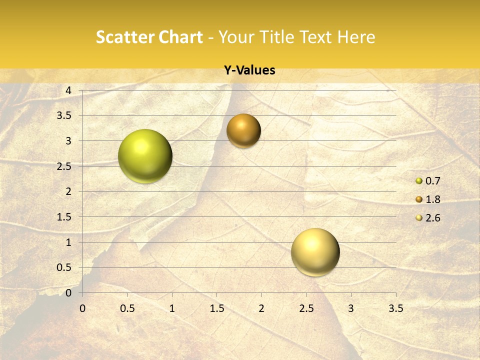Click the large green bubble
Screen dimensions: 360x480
pos(145,156)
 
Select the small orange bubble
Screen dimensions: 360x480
pos(243,130)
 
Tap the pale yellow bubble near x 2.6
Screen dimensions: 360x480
pos(315,251)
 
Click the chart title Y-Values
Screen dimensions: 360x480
pos(249,70)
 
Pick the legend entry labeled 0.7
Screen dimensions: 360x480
pos(428,181)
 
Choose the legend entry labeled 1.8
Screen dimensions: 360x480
pos(428,199)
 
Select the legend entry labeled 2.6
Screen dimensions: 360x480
pos(428,218)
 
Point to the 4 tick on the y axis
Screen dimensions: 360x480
pos(68,90)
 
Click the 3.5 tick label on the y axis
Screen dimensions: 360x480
pos(64,115)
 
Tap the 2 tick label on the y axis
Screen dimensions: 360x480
pos(68,191)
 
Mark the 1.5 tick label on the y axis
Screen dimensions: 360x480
pos(64,217)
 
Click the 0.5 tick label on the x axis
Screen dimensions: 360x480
pos(127,308)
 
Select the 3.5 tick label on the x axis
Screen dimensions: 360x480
pos(395,308)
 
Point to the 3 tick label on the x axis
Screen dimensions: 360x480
pos(351,308)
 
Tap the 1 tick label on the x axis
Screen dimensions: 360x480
pos(172,308)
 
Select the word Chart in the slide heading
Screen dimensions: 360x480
pos(180,37)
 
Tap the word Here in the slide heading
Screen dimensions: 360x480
pos(356,37)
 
